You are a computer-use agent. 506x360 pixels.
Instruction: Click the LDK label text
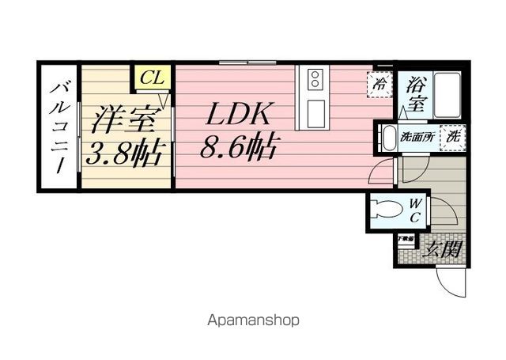point(240,116)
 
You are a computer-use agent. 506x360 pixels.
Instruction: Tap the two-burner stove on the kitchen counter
point(315,79)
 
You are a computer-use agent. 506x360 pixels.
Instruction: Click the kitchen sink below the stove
point(315,109)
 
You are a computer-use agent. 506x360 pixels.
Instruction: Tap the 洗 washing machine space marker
point(453,136)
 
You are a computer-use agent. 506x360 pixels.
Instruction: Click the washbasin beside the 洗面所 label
point(387,138)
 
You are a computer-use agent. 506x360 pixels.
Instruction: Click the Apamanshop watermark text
point(253,321)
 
